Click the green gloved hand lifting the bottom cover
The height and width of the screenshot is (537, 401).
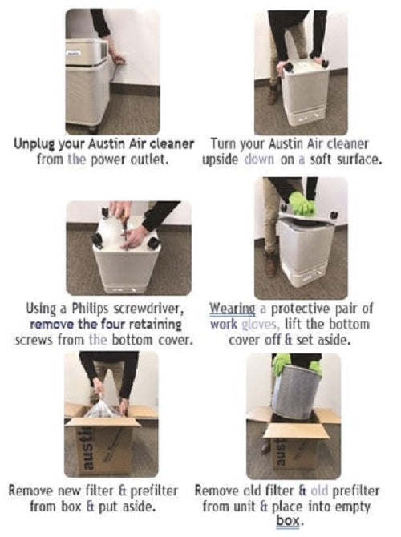(301, 202)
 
